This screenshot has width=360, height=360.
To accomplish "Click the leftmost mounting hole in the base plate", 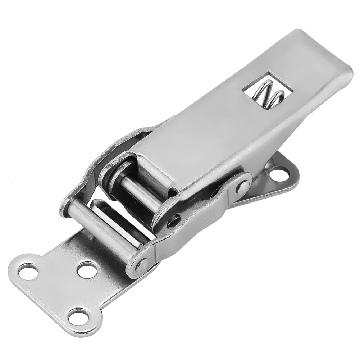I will tap(28, 271).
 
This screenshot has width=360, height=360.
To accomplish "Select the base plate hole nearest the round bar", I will tap(87, 270).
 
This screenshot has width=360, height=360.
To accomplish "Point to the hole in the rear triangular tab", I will tap(279, 174).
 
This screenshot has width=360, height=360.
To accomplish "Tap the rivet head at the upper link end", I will tap(243, 187).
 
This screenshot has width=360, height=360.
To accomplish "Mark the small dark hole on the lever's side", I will tap(174, 221).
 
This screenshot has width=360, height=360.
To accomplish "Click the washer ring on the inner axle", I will tap(117, 176).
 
